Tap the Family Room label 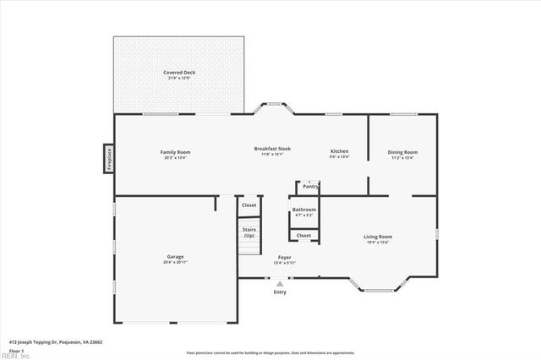coord(175,152)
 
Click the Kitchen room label coord(339,152)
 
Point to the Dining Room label coord(402,152)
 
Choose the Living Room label coord(378,237)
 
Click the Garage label coord(175,257)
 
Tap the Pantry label coord(310,186)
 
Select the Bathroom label coord(304,210)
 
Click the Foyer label coord(285,257)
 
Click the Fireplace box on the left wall coord(109,159)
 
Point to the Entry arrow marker coord(280,285)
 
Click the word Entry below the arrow coord(280,292)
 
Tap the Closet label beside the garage coord(249,205)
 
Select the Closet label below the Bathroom coord(303,236)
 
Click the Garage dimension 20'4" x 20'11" coord(175,262)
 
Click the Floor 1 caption coord(16,350)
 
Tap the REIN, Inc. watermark coord(14,357)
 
